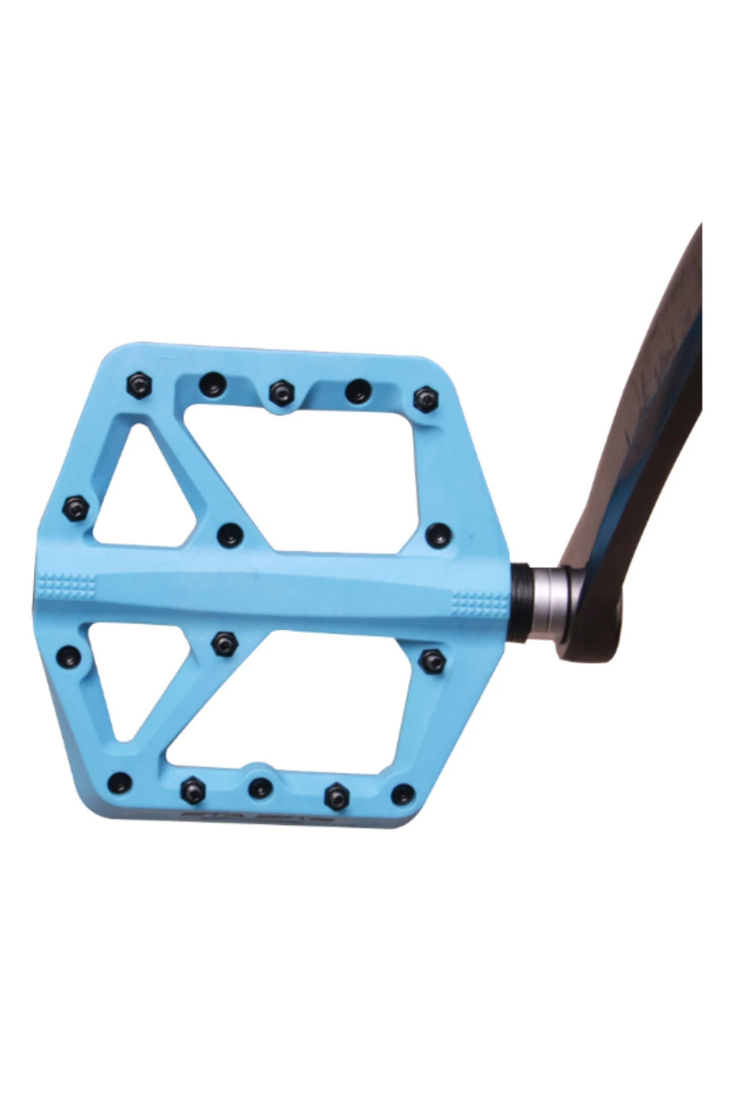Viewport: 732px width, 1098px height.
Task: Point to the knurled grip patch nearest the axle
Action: pos(479,603)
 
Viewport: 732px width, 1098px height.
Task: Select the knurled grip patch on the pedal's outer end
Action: pos(67,586)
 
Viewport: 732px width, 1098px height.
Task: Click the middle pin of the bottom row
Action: pos(260,788)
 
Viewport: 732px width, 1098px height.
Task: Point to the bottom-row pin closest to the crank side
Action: pos(403,794)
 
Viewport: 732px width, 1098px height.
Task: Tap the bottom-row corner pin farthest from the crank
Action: pos(120,781)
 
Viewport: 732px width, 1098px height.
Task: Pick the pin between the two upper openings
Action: pos(230,535)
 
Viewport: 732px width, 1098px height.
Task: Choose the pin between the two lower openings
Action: pos(223,643)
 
